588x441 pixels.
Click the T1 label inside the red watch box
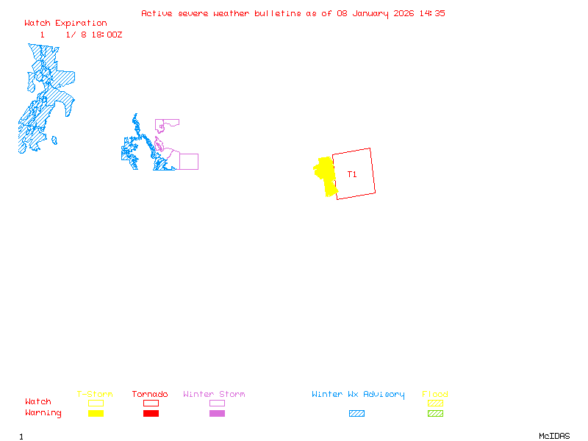coord(352,174)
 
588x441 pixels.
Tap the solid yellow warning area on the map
coord(326,175)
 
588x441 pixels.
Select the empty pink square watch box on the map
coord(189,162)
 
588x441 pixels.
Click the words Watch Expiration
coord(65,24)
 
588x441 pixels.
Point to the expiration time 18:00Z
coord(107,35)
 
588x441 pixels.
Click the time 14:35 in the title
coord(432,13)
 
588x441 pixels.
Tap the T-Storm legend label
coord(95,395)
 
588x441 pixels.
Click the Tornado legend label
coord(150,395)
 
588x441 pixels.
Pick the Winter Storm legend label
coord(214,395)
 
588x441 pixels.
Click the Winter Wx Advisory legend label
coord(358,395)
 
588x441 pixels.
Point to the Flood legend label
coord(435,395)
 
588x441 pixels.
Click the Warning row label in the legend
coord(43,413)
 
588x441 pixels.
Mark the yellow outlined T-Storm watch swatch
coord(96,403)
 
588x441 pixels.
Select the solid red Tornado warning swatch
coord(151,413)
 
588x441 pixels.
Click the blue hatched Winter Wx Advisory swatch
coord(356,413)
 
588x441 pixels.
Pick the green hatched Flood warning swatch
coord(435,413)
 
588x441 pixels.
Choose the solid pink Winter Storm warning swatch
coord(217,413)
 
